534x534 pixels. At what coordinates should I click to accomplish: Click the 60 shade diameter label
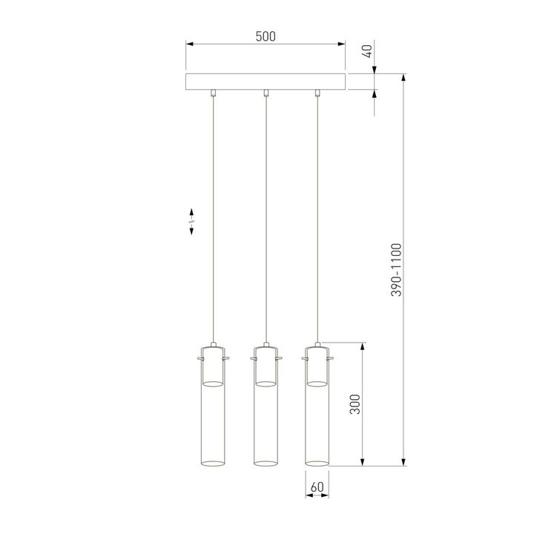pos(317,487)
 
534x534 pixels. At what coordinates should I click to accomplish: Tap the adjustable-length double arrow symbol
pos(191,220)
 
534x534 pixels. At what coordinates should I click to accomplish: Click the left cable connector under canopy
pos(214,93)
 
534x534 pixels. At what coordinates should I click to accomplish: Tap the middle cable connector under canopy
pos(266,93)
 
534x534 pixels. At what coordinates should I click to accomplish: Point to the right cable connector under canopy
pos(317,93)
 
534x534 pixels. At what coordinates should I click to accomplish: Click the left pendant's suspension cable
pos(214,222)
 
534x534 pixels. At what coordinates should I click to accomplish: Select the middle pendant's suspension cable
pos(266,222)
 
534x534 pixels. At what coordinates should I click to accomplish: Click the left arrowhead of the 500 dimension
pos(189,44)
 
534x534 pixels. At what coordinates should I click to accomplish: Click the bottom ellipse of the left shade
pos(213,464)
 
